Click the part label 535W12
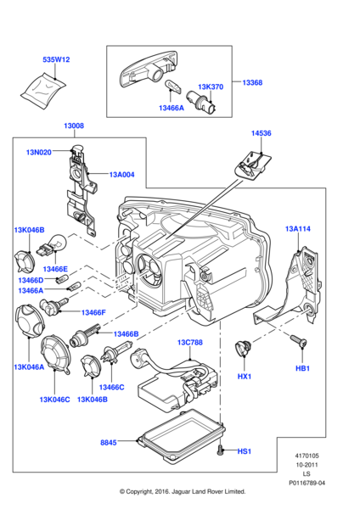pyautogui.click(x=56, y=59)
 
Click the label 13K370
pyautogui.click(x=211, y=87)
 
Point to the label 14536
pyautogui.click(x=262, y=133)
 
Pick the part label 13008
pyautogui.click(x=73, y=126)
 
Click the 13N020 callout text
pyautogui.click(x=39, y=152)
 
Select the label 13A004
pyautogui.click(x=121, y=176)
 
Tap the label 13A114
pyautogui.click(x=299, y=228)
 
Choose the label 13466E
pyautogui.click(x=55, y=269)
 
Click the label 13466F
pyautogui.click(x=93, y=312)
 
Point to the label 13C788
pyautogui.click(x=189, y=342)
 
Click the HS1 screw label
pyautogui.click(x=245, y=451)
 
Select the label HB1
pyautogui.click(x=302, y=369)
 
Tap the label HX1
pyautogui.click(x=245, y=376)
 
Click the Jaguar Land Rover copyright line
pyautogui.click(x=183, y=491)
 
